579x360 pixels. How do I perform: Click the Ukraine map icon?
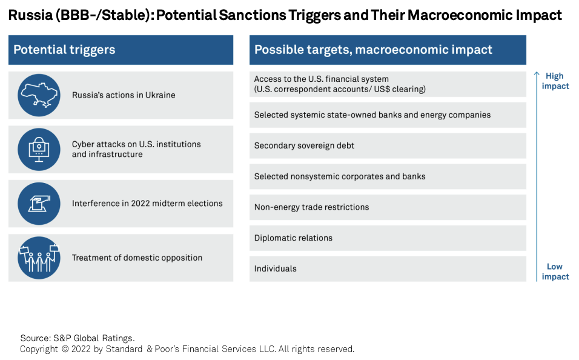coord(39,95)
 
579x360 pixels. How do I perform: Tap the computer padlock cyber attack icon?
coord(39,149)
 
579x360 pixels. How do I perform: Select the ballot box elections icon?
coord(39,204)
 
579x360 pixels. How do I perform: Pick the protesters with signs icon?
coord(39,258)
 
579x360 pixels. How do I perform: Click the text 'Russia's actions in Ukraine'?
coord(124,95)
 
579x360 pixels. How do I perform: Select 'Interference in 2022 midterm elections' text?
coord(147,203)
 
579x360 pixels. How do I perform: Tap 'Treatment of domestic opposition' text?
coord(137,258)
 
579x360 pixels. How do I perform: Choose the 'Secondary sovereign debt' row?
coord(388,145)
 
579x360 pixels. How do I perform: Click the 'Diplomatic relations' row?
coord(388,238)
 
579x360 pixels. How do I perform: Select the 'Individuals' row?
coord(388,268)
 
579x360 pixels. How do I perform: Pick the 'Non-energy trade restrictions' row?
coord(388,207)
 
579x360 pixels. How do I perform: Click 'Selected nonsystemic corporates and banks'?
coord(340,176)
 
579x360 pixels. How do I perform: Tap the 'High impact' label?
coord(555,81)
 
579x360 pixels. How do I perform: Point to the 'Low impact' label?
coord(555,272)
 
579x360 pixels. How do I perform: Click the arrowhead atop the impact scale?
coord(537,73)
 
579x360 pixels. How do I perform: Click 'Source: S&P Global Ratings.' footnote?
coord(78,338)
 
